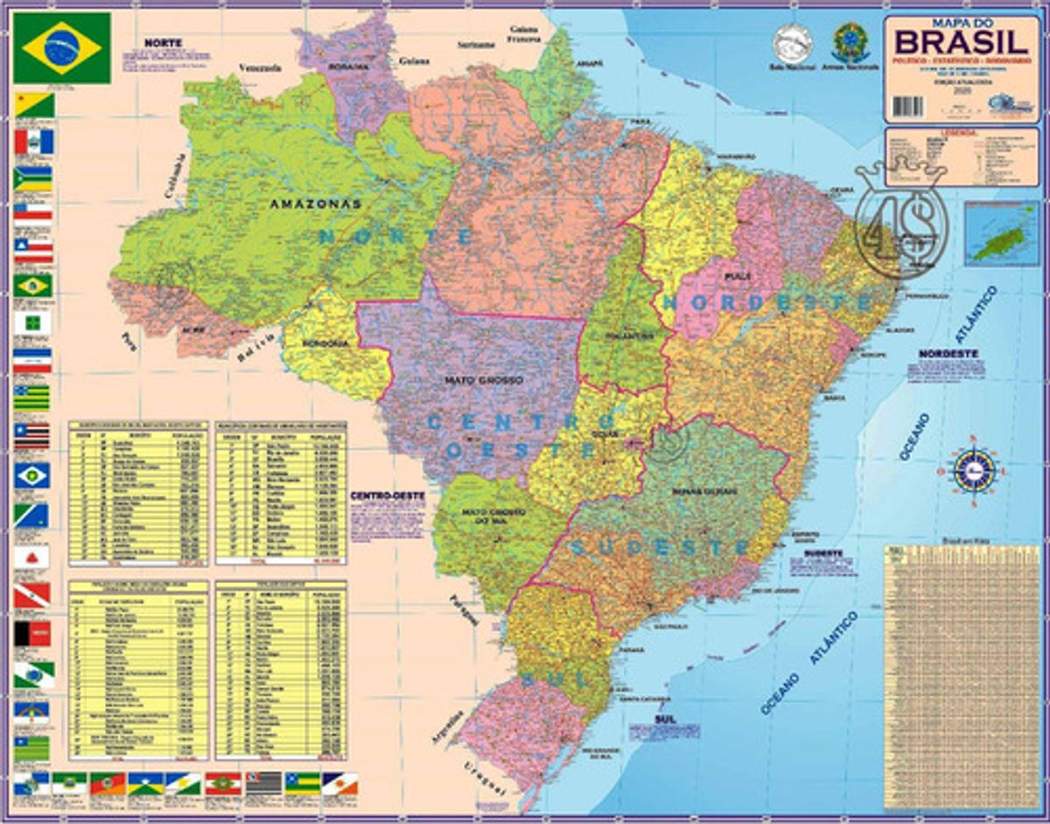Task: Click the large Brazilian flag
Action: [62, 47]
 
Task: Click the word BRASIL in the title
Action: [960, 41]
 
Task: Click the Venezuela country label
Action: [260, 67]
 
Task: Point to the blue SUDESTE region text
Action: [660, 548]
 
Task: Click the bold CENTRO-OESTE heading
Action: [387, 496]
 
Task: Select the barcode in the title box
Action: [908, 106]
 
